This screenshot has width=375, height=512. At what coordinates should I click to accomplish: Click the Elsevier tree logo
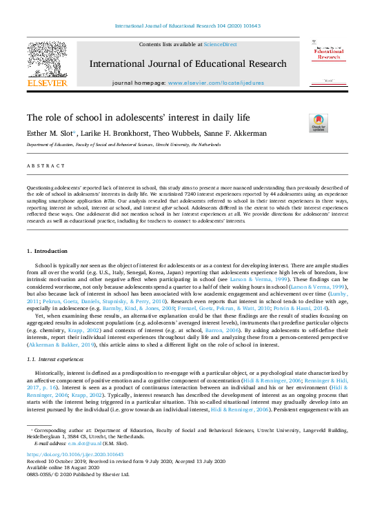[x=47, y=60]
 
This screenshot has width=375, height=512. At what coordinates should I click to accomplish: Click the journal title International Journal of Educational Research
[x=187, y=64]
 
